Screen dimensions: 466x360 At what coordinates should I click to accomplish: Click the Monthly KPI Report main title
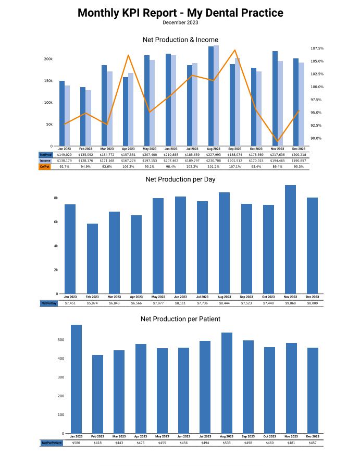180,13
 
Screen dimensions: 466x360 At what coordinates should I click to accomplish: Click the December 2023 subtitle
180,22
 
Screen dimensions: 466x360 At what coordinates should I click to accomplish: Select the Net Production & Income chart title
180,40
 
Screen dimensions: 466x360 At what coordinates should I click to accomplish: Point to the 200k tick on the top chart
48,59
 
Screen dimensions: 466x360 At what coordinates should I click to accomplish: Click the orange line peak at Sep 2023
235,50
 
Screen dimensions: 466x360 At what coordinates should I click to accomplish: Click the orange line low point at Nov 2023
278,141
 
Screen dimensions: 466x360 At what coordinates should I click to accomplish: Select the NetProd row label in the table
45,155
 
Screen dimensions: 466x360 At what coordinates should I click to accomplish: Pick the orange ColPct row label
45,166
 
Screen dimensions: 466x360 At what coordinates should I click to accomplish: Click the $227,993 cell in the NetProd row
214,155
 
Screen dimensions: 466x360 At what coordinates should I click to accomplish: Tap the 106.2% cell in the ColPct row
128,166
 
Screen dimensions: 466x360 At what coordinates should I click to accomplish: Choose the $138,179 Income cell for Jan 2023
64,161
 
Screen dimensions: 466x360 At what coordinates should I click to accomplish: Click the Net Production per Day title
180,179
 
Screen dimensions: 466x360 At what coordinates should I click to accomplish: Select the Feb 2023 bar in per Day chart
92,258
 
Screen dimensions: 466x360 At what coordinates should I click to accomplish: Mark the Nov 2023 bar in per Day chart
290,239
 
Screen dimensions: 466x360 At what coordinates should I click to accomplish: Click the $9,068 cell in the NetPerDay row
290,303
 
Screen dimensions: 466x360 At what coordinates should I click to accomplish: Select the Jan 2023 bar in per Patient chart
76,379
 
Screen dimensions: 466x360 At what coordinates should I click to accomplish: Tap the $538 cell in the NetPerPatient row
227,443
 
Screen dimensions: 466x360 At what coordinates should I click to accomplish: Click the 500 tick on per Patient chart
60,340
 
